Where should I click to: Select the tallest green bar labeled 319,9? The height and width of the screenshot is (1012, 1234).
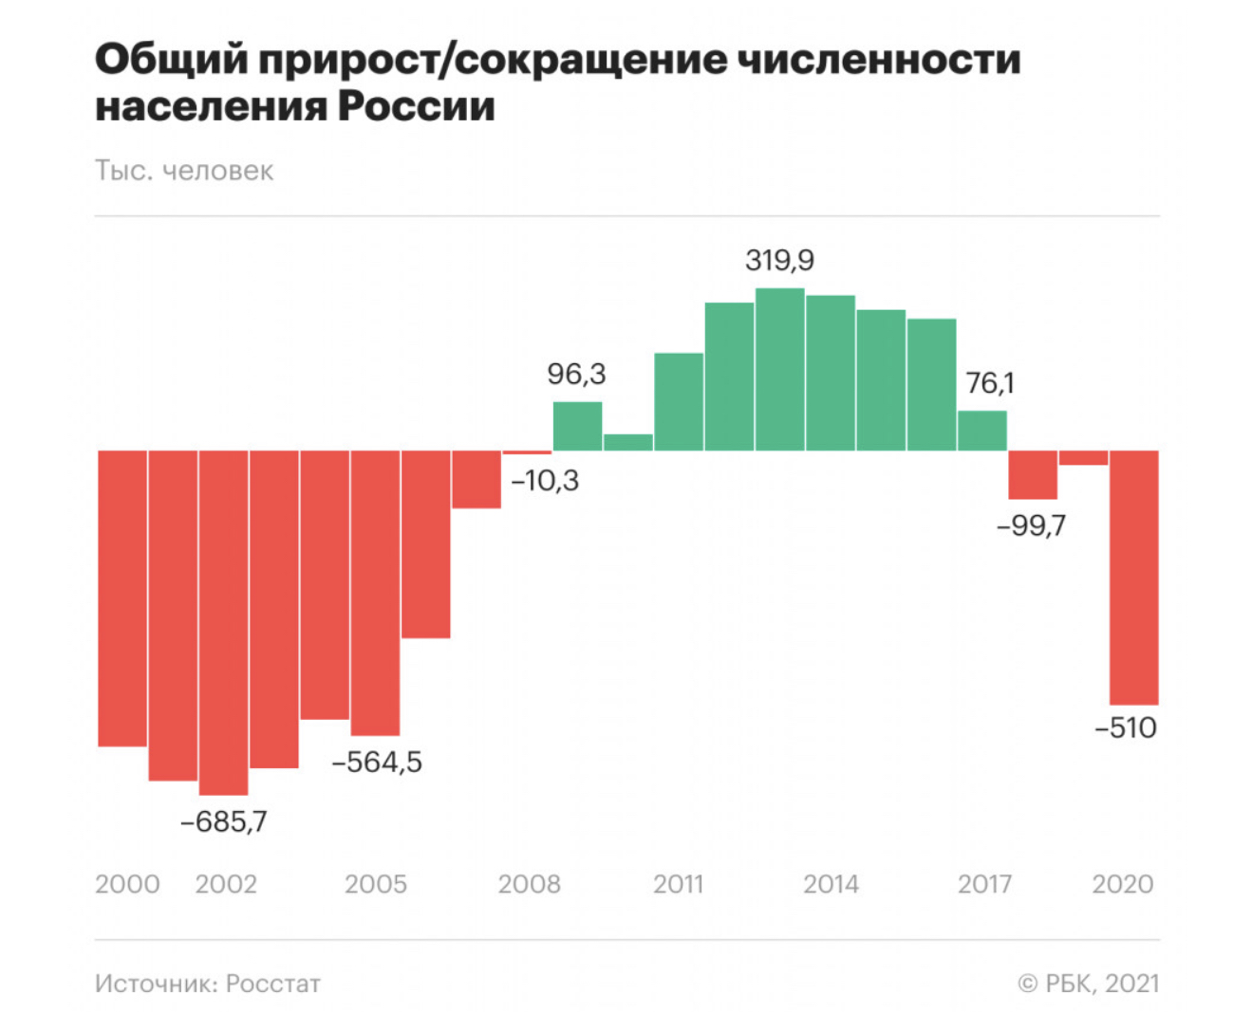pos(780,369)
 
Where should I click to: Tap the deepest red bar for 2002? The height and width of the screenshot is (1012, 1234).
pos(224,622)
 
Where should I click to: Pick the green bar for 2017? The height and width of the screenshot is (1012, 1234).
pos(982,431)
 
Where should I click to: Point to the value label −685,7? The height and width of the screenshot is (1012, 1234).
pos(224,821)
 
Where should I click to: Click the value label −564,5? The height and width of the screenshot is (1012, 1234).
pos(377,762)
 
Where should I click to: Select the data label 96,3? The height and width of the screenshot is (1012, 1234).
pos(576,375)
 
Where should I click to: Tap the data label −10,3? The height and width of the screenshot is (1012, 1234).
pos(545,481)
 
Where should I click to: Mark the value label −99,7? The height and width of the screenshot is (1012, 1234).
pos(1031,524)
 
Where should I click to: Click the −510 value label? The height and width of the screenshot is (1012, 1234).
pos(1127,728)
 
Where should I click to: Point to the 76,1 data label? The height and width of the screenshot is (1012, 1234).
pos(990,383)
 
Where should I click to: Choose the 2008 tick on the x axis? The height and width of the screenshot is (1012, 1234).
pos(529,884)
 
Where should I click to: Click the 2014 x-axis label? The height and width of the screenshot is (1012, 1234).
pos(831,884)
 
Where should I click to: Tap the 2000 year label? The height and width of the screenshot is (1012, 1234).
pos(127,884)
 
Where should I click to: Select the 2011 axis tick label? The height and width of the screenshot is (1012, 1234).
pos(678,884)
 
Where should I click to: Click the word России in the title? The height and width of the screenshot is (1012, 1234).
pos(417,105)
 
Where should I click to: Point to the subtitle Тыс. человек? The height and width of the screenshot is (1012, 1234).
pos(184,171)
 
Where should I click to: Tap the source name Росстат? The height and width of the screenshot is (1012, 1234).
pos(273,984)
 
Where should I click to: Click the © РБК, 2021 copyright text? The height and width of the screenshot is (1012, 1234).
pos(1089,984)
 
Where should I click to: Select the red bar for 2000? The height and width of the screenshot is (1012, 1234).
pos(122,598)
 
